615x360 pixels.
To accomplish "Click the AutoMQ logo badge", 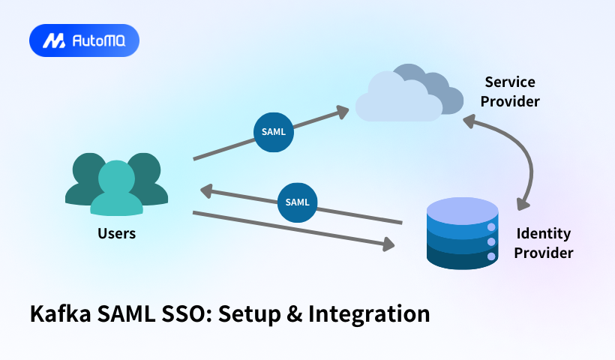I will (x=84, y=41).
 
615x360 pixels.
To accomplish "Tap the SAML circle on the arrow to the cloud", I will (x=273, y=131).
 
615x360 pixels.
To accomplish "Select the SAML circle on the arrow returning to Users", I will (x=297, y=202).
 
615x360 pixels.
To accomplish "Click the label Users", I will (x=116, y=233).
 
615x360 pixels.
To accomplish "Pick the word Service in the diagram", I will (x=510, y=82).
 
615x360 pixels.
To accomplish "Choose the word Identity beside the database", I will (x=544, y=233).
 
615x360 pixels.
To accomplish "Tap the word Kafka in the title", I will (x=62, y=313).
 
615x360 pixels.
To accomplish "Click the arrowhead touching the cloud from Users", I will (x=342, y=112).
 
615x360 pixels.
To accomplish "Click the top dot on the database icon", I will (x=492, y=227).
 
